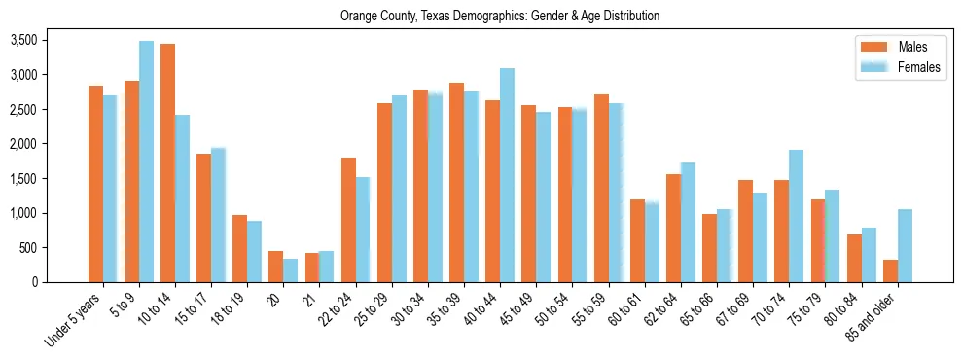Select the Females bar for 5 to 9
pyautogui.click(x=146, y=162)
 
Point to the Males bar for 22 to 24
pyautogui.click(x=348, y=220)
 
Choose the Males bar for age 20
pyautogui.click(x=276, y=267)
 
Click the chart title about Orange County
pyautogui.click(x=500, y=16)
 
